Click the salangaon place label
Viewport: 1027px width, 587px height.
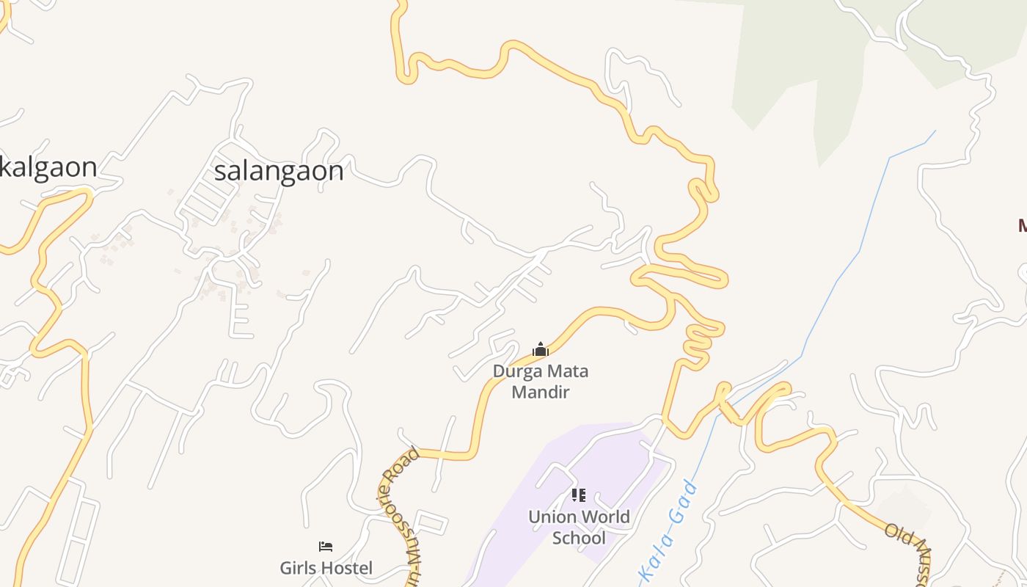click(279, 171)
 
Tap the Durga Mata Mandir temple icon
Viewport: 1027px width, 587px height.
click(541, 349)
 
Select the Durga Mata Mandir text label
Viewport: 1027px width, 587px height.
click(541, 382)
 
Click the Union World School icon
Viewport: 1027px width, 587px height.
click(579, 495)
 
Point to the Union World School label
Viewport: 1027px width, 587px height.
click(579, 528)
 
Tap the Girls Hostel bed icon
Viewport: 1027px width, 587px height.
click(326, 547)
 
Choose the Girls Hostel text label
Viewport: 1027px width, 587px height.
click(326, 568)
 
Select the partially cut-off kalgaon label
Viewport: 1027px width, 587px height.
click(48, 167)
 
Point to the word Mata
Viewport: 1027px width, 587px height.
click(567, 371)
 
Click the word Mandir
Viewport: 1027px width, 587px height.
click(541, 392)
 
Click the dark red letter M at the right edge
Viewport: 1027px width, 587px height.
click(1023, 226)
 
